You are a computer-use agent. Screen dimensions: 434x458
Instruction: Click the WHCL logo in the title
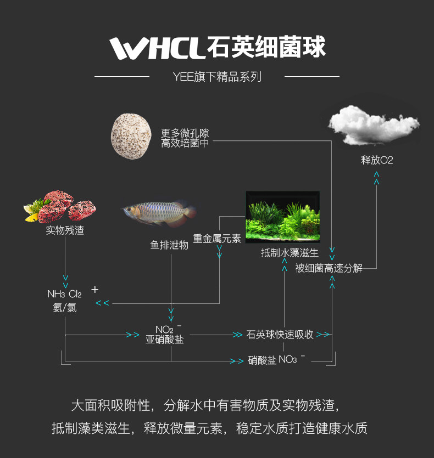(x=157, y=48)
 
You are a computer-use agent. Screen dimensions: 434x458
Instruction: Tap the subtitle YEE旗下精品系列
(x=216, y=77)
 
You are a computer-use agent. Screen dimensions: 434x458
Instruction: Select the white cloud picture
(x=374, y=125)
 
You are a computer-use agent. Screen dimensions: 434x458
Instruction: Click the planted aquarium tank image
(x=282, y=217)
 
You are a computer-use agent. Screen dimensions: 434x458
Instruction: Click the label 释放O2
(x=377, y=160)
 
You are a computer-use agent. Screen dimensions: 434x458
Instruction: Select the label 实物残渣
(x=65, y=230)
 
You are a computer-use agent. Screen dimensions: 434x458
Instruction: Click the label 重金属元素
(x=217, y=239)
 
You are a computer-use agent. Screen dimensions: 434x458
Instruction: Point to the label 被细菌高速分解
(x=329, y=268)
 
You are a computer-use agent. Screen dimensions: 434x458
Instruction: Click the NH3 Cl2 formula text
(x=64, y=295)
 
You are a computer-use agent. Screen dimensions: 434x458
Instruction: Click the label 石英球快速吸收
(x=280, y=334)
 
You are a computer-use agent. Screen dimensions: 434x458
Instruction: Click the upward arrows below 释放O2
(x=376, y=177)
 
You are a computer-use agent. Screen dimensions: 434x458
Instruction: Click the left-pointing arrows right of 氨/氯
(x=103, y=303)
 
